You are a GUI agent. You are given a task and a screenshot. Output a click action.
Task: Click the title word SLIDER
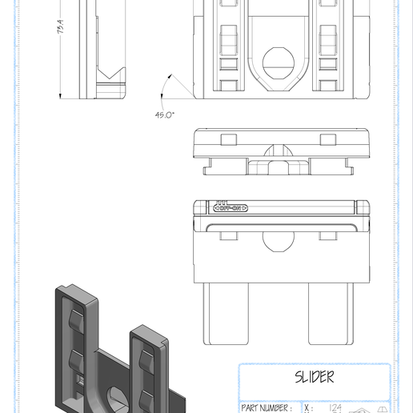pyautogui.click(x=314, y=377)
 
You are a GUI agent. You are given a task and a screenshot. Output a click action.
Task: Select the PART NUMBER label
pyautogui.click(x=266, y=407)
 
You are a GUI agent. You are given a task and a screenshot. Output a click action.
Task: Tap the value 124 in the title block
pyautogui.click(x=335, y=407)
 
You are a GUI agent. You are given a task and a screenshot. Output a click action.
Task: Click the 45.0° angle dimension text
pyautogui.click(x=166, y=114)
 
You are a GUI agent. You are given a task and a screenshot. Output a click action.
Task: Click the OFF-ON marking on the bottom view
pyautogui.click(x=231, y=208)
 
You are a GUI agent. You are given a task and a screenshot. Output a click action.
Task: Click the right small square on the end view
pyautogui.click(x=327, y=139)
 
